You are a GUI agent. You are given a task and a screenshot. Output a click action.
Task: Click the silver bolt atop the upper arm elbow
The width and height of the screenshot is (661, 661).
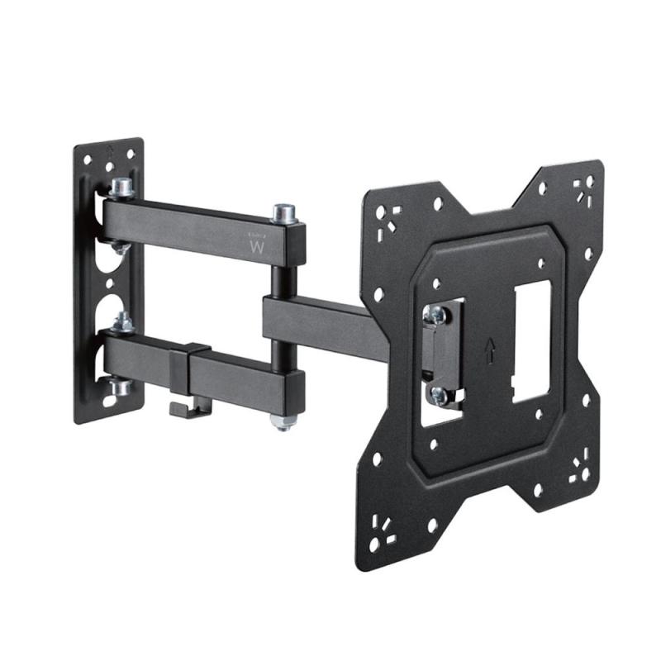pos(283,214)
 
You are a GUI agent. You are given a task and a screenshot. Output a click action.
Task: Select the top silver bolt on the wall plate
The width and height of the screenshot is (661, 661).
pos(121,188)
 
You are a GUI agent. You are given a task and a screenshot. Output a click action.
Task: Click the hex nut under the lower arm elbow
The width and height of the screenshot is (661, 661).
pos(282,421)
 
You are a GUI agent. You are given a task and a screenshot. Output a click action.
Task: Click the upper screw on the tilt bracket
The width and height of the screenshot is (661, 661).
pos(437,314)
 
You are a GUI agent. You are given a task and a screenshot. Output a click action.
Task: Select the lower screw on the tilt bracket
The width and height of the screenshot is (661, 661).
pos(439,396)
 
